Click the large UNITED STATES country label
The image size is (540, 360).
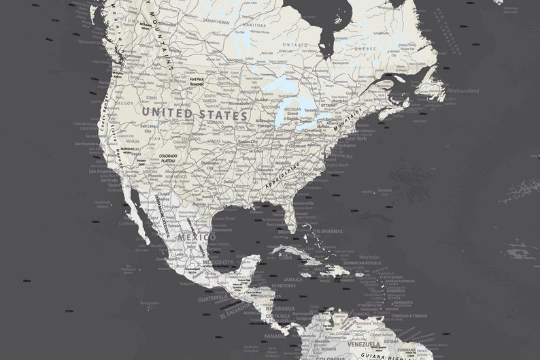195,114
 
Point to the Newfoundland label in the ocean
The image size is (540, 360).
463,91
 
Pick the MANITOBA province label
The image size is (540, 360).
254,26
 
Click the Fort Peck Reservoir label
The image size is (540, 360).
197,82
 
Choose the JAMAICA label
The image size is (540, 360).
293,279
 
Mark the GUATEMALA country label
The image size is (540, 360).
214,298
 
